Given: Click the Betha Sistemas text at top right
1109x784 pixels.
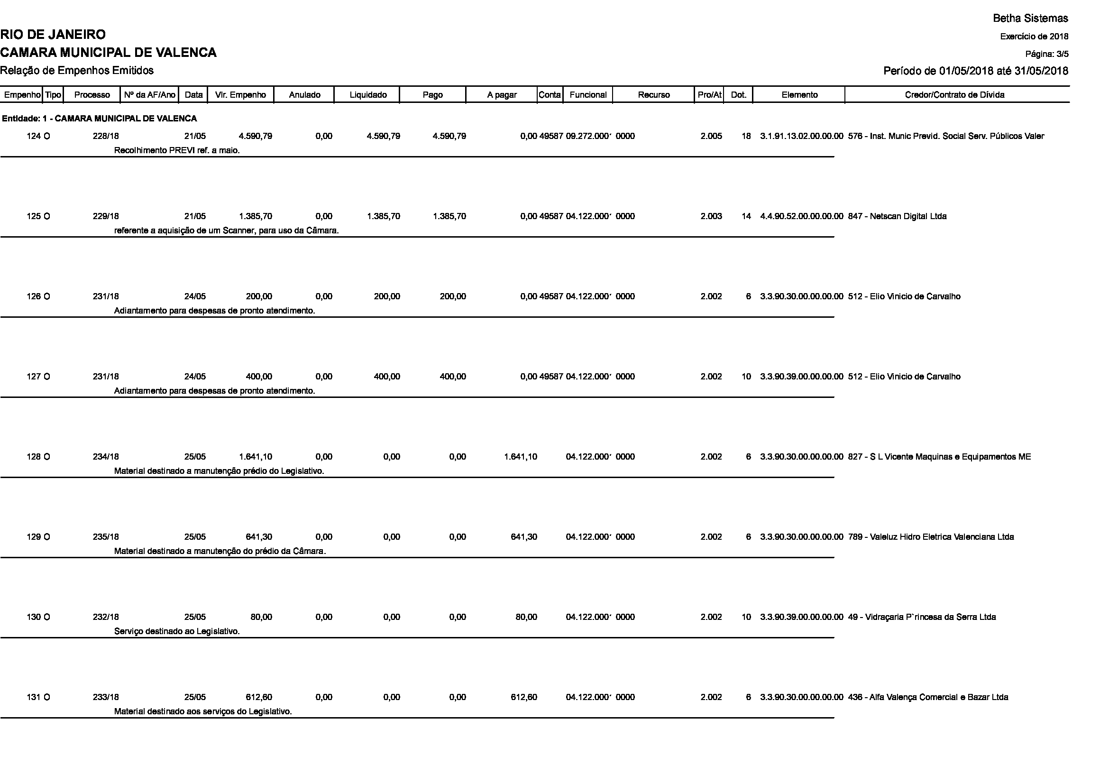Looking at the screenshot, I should click(1030, 18).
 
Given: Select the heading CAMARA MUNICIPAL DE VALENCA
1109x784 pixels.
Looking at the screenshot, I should click(108, 53).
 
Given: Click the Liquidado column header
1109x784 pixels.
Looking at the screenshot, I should click(367, 95).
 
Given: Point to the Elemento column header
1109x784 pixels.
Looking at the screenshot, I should click(799, 95).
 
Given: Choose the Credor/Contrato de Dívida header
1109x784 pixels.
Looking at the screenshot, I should click(954, 95).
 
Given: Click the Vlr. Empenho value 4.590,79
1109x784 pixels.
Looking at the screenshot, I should click(256, 136).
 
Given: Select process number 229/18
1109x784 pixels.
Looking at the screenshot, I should click(106, 216).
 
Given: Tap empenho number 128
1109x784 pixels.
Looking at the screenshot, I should click(34, 457).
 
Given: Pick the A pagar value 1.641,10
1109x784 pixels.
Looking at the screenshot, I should click(520, 457).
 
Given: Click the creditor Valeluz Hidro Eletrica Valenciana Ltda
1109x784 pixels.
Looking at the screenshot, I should click(931, 537).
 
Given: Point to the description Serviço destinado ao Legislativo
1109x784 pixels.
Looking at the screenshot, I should click(177, 631).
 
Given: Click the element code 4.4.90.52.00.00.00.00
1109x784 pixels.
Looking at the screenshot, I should click(801, 216).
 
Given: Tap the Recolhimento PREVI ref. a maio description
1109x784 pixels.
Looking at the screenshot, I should click(177, 150).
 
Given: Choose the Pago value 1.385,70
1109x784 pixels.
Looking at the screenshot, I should click(449, 216).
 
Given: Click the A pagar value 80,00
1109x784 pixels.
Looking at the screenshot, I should click(526, 618).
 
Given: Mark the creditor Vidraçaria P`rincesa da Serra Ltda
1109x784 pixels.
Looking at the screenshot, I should click(922, 618).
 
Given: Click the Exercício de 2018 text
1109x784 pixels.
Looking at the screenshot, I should click(1034, 37).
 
